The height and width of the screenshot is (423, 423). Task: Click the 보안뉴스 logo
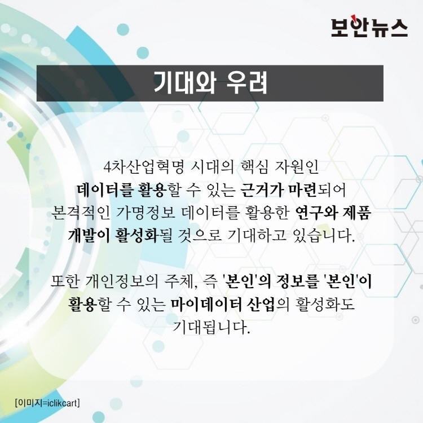point(369,27)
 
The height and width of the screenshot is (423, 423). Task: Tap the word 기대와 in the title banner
point(185,83)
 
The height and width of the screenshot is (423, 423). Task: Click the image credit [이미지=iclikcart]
point(47,403)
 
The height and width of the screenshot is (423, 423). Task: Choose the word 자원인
point(297,167)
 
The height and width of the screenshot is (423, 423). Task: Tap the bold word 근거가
point(261,191)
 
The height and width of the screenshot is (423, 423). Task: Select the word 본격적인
point(81,213)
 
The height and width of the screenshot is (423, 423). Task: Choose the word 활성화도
point(325,305)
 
